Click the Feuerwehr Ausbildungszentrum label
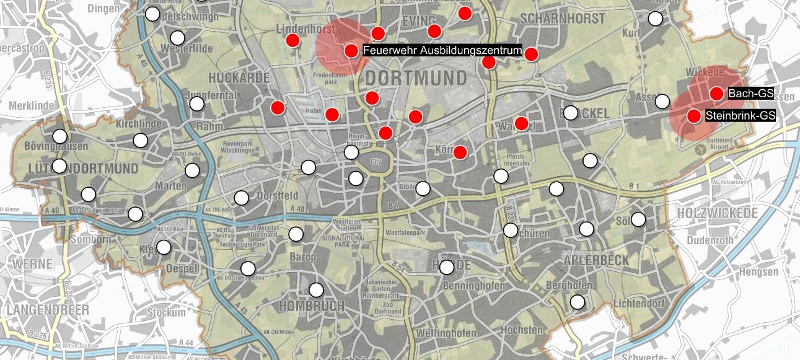[442, 51]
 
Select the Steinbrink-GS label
[740, 116]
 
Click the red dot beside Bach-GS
[716, 94]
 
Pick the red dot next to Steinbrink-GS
[694, 116]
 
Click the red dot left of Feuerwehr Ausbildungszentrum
[351, 51]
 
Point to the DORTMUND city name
[415, 79]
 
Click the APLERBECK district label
[596, 261]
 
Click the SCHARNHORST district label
[563, 19]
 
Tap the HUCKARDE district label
[239, 78]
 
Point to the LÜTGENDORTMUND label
[84, 169]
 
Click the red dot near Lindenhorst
[292, 41]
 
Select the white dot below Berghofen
[578, 302]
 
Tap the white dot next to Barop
[296, 234]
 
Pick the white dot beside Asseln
[662, 101]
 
